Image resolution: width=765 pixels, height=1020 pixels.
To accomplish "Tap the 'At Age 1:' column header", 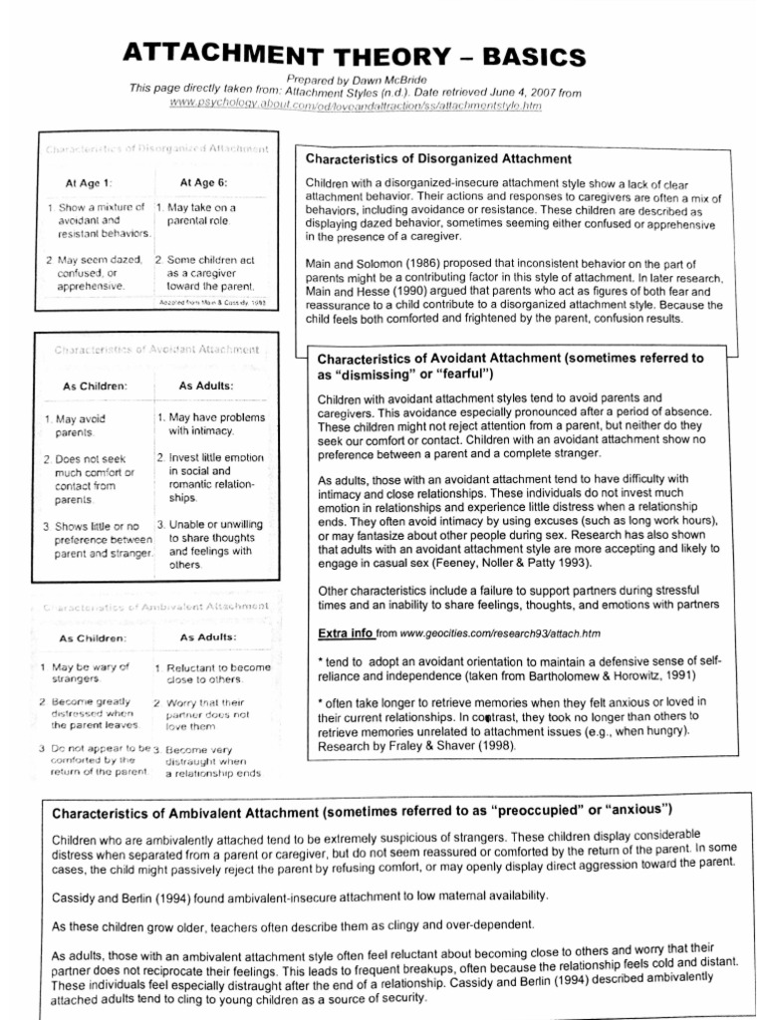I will click(89, 183).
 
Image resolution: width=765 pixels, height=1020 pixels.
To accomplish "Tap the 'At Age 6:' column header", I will click(203, 182).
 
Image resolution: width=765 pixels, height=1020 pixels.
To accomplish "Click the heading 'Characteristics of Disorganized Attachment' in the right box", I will click(438, 158).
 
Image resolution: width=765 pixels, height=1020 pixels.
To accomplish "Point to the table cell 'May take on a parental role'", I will click(204, 214).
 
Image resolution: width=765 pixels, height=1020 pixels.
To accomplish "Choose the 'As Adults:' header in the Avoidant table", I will click(206, 384).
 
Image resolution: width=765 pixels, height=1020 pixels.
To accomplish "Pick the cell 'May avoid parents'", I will click(74, 426).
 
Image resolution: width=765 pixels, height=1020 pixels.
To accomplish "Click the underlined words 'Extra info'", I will click(345, 633).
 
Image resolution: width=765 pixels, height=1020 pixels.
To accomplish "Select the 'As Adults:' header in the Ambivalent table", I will click(208, 637).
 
